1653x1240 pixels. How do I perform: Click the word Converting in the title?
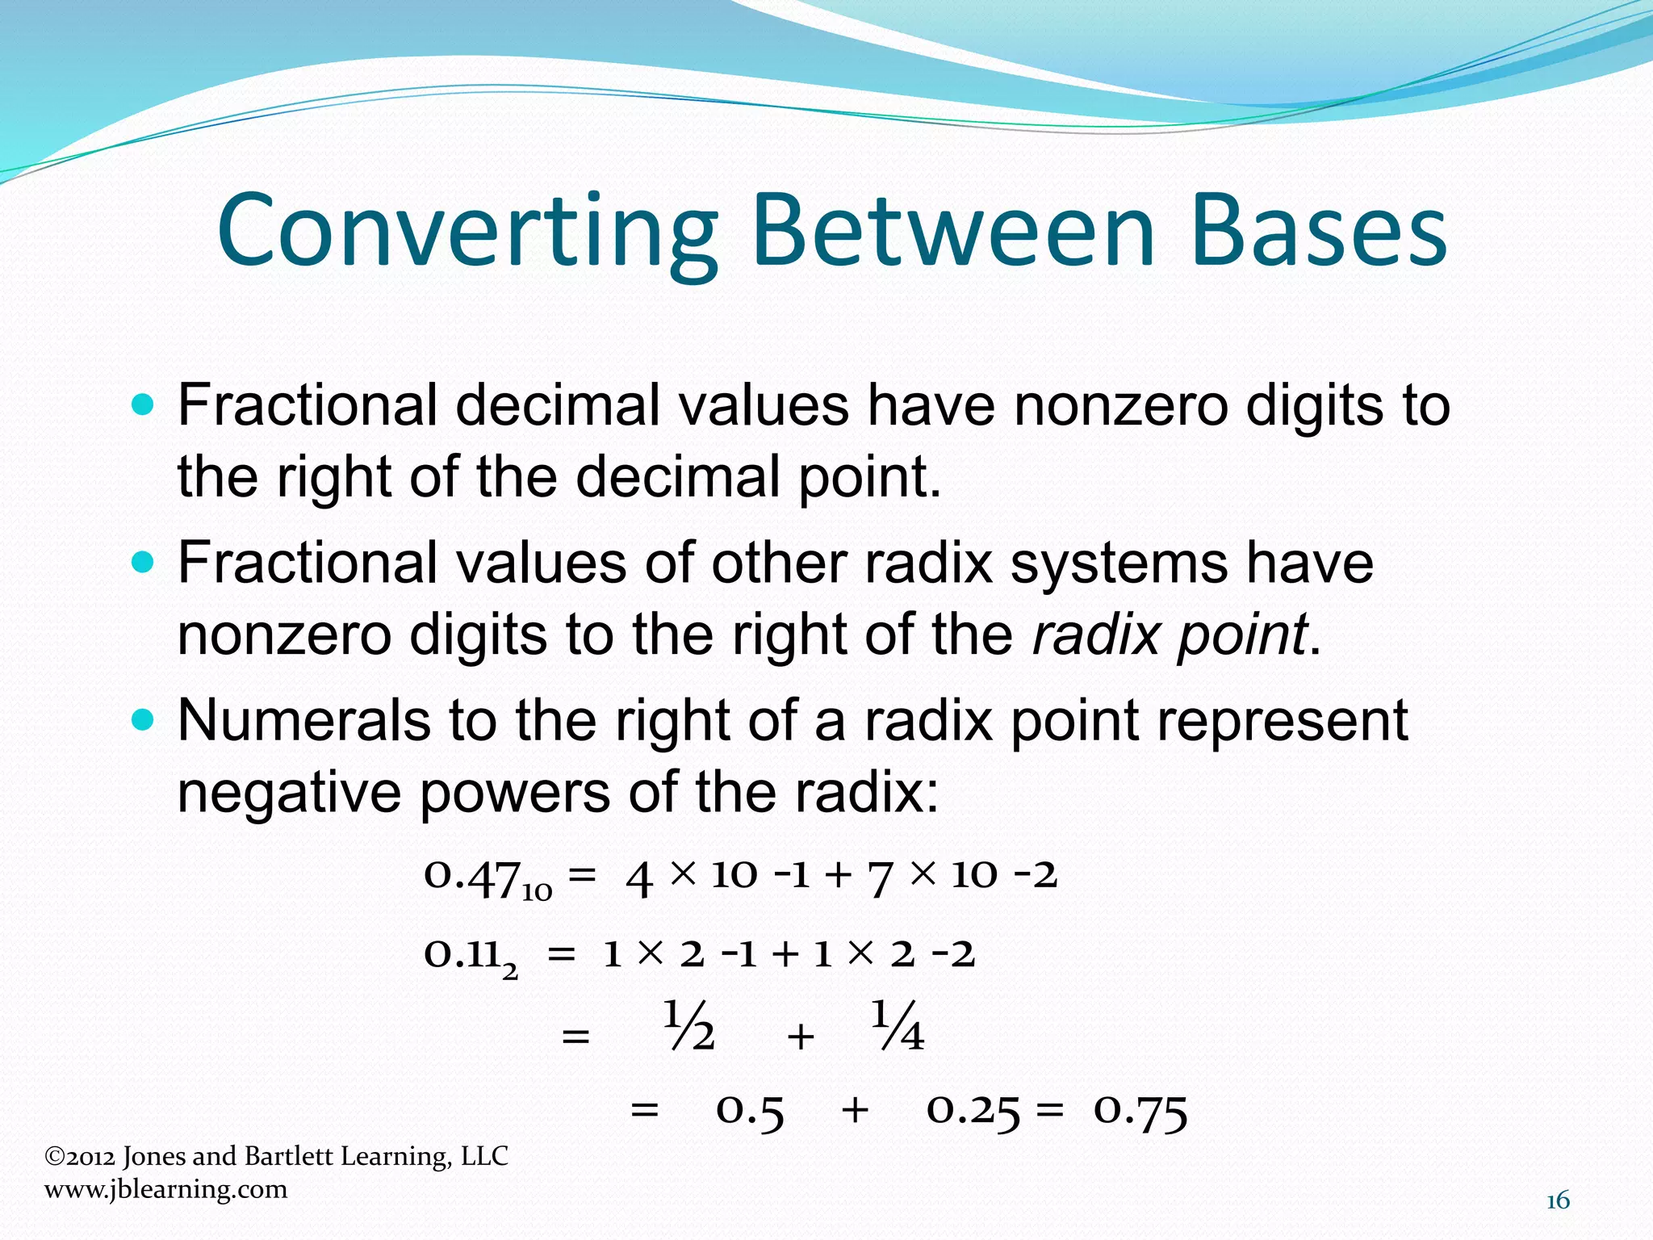467,232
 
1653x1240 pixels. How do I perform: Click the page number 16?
1558,1201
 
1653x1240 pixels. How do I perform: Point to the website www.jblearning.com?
165,1189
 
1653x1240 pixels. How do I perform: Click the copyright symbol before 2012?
54,1157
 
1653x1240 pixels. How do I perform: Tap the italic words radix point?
1170,635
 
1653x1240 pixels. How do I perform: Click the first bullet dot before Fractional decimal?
142,404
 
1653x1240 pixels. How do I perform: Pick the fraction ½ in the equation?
689,1027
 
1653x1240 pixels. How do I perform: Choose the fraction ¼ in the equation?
898,1027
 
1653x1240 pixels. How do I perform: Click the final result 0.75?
1140,1112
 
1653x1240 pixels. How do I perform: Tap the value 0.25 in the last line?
973,1112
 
